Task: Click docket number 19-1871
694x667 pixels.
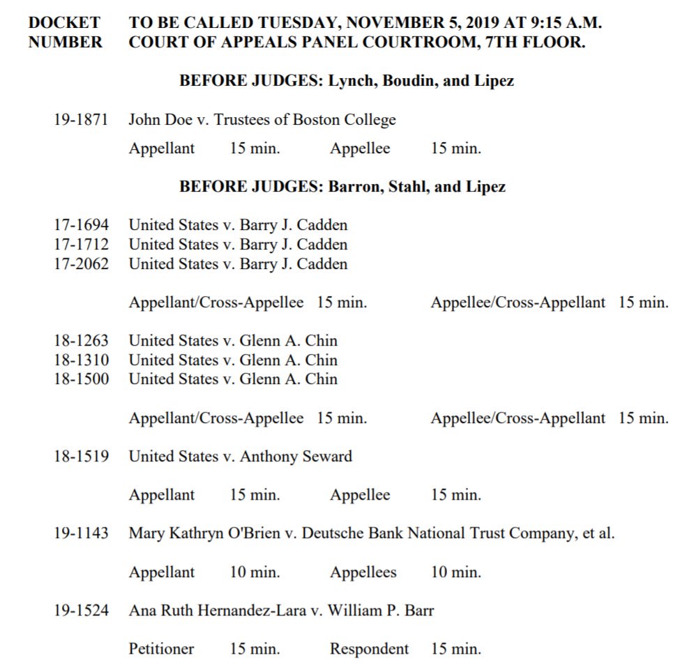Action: (81, 120)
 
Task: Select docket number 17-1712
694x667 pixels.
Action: (81, 245)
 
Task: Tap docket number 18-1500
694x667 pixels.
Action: (81, 379)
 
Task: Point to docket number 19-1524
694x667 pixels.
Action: (81, 611)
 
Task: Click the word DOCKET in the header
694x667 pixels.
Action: (64, 22)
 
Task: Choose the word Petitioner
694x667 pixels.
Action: (161, 649)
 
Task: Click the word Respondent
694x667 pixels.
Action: (369, 649)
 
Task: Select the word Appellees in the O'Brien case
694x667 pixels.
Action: (363, 573)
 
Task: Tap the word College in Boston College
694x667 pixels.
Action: (366, 120)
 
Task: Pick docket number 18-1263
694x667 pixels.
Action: (81, 341)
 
